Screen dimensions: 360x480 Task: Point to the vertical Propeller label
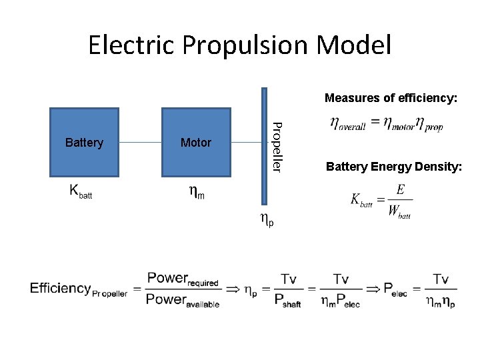click(x=278, y=146)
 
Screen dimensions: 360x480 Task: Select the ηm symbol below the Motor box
click(x=196, y=193)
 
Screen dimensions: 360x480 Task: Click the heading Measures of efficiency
click(x=391, y=98)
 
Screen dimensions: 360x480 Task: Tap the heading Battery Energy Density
click(x=393, y=167)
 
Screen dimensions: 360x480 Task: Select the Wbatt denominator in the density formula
click(x=399, y=213)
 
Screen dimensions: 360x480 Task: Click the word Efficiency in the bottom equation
click(x=60, y=288)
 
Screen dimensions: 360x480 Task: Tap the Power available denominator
click(x=183, y=299)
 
